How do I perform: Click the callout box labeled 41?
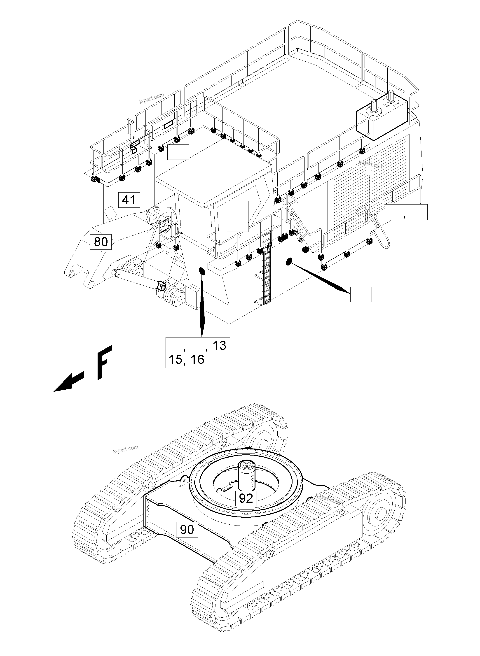click(x=129, y=200)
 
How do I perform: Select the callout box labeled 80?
click(x=101, y=241)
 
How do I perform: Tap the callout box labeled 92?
click(x=246, y=498)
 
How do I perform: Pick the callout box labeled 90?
click(x=187, y=529)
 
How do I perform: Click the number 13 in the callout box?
click(x=219, y=346)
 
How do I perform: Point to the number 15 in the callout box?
click(x=176, y=360)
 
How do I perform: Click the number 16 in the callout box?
click(x=197, y=360)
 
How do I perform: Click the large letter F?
click(x=104, y=362)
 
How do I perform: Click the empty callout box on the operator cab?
click(x=237, y=216)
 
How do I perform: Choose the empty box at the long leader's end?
click(x=361, y=294)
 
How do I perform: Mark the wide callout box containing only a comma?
click(x=406, y=212)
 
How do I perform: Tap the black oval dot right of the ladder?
click(x=288, y=262)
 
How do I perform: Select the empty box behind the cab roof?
click(x=178, y=152)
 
